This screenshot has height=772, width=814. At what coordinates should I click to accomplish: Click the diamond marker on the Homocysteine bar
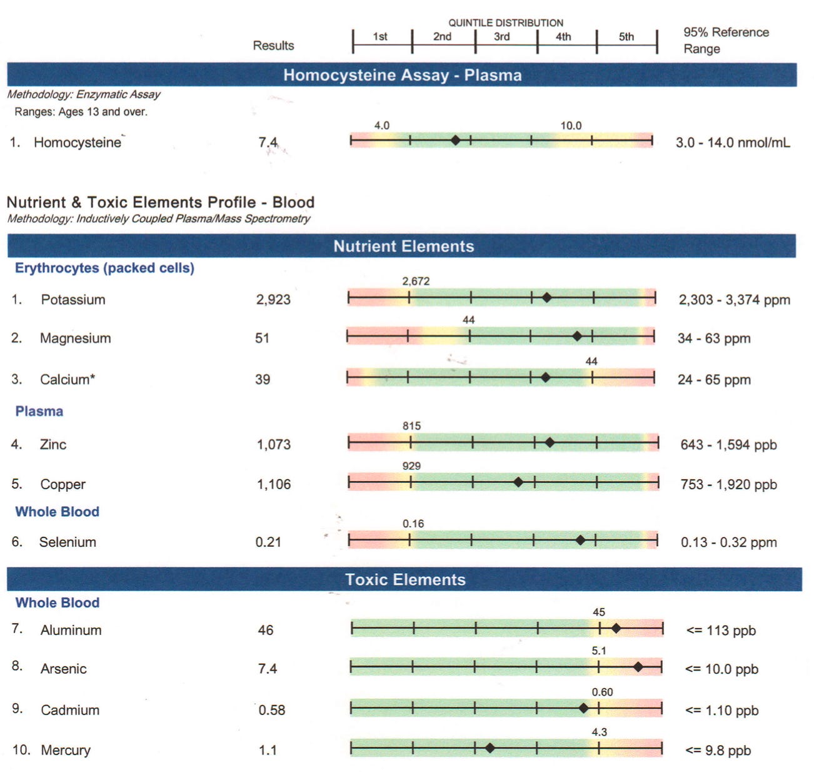(x=455, y=141)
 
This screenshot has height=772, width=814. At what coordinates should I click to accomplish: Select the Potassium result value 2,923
(x=273, y=300)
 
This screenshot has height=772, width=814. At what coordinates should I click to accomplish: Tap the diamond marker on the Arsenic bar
(x=638, y=668)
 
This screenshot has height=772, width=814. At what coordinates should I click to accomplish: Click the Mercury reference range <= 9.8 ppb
(x=718, y=750)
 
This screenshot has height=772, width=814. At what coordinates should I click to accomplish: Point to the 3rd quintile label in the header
(x=501, y=37)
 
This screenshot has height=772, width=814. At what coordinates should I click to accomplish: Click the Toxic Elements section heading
(x=405, y=579)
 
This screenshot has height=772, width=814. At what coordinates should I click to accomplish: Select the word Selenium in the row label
(x=68, y=542)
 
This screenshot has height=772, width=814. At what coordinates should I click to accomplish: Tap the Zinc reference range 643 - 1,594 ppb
(x=728, y=445)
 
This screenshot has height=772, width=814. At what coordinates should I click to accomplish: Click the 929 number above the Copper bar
(x=411, y=466)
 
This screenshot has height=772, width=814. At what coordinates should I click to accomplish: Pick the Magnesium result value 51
(x=262, y=338)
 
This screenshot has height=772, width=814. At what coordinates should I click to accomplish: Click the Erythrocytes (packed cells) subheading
(x=104, y=268)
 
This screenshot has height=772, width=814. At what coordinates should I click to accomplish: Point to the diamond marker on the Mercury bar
(x=490, y=748)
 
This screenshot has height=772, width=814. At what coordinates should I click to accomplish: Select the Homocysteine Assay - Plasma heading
(x=402, y=75)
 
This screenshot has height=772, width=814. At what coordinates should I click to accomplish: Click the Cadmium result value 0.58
(x=272, y=710)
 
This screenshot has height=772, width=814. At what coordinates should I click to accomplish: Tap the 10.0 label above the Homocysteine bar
(x=570, y=126)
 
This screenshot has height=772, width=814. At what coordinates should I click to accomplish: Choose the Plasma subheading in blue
(x=39, y=412)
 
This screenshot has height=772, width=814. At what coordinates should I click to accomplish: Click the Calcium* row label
(x=68, y=380)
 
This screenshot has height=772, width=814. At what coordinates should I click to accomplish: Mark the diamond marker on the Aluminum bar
(x=616, y=628)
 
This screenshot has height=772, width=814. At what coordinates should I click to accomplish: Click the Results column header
(x=273, y=46)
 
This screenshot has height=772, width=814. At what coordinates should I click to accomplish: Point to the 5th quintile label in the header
(x=626, y=37)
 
